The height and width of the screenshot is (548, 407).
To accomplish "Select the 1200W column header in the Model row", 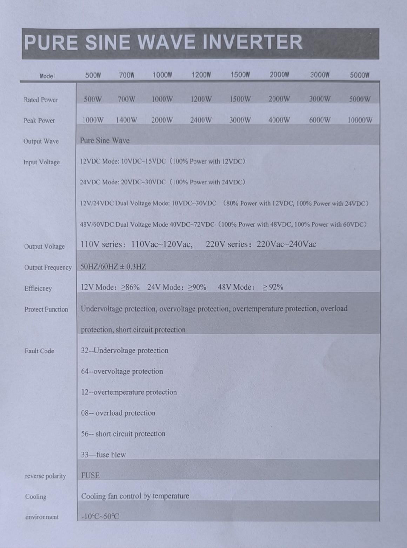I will [x=201, y=75].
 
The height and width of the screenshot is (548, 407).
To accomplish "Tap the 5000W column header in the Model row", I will [x=360, y=75].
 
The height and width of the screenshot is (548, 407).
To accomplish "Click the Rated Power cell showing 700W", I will [x=126, y=99].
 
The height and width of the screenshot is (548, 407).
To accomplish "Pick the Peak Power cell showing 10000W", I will [x=360, y=120].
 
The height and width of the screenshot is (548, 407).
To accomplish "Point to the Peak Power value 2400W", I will [x=201, y=120].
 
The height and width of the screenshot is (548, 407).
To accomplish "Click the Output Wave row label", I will [x=41, y=141].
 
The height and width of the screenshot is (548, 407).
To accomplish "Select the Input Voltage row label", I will [x=41, y=162].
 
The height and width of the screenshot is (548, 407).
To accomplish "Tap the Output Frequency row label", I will [x=48, y=268].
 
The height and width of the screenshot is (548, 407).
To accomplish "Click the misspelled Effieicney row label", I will [x=38, y=289].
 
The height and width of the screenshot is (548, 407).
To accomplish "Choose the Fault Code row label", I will [x=39, y=351].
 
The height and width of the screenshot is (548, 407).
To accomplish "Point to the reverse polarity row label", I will [x=45, y=476].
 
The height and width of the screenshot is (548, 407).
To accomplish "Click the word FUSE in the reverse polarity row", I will [x=91, y=476].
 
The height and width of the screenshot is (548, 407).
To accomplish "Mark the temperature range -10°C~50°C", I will [x=100, y=516].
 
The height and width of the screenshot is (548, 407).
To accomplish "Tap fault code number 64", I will [x=85, y=371].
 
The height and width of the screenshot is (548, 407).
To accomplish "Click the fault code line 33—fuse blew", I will [x=103, y=455].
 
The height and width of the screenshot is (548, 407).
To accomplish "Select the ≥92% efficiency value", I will [x=273, y=287].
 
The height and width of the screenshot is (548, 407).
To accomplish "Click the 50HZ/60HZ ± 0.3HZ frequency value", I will [x=113, y=266].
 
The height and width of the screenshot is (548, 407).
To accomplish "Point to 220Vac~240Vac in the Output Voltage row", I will [x=286, y=244].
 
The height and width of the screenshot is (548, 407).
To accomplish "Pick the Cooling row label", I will [x=35, y=497].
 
